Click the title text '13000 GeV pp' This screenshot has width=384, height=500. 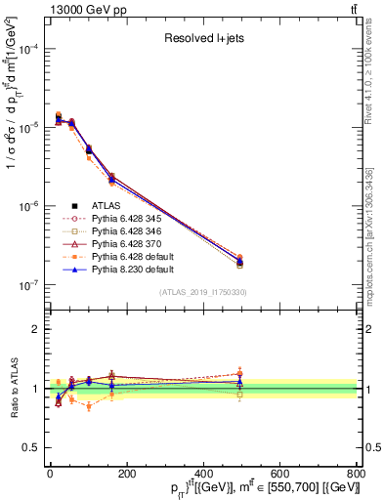point(72,10)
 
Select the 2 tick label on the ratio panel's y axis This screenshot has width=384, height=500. point(35,329)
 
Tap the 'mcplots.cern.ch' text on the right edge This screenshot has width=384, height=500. point(375,234)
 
